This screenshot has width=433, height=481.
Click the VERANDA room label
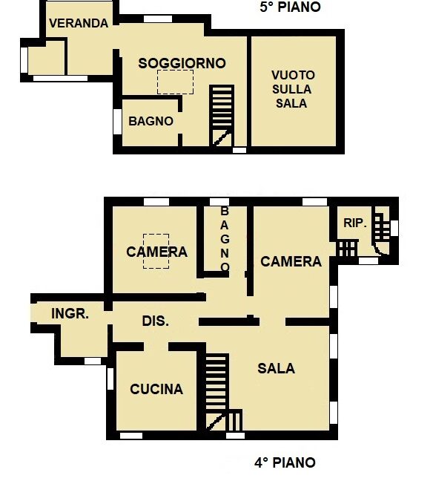pyautogui.click(x=79, y=23)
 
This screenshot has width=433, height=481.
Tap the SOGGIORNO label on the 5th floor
pyautogui.click(x=182, y=64)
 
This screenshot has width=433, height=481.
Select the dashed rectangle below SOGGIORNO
pyautogui.click(x=175, y=82)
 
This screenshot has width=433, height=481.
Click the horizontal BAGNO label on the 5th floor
pyautogui.click(x=151, y=121)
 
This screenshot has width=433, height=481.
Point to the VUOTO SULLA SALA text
pyautogui.click(x=293, y=89)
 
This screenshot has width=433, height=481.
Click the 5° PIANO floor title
pyautogui.click(x=290, y=7)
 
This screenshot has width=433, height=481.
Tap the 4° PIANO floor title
pyautogui.click(x=285, y=462)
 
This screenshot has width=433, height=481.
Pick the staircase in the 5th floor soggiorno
pyautogui.click(x=222, y=116)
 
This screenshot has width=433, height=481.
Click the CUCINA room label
pyautogui.click(x=156, y=389)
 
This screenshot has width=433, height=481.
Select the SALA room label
pyautogui.click(x=276, y=368)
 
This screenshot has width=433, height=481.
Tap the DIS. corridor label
pyautogui.click(x=156, y=321)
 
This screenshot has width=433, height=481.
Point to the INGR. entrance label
pyautogui.click(x=70, y=314)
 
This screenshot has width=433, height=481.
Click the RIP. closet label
pyautogui.click(x=355, y=223)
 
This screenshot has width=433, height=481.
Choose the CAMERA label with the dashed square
pyautogui.click(x=156, y=252)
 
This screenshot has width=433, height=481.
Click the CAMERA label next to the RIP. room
pyautogui.click(x=291, y=262)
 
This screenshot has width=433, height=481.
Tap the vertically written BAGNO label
pyautogui.click(x=225, y=239)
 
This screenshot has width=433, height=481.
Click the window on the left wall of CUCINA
pyautogui.click(x=110, y=379)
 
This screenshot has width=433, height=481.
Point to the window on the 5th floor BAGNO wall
pyautogui.click(x=117, y=122)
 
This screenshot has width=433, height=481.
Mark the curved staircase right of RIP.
pyautogui.click(x=382, y=231)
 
